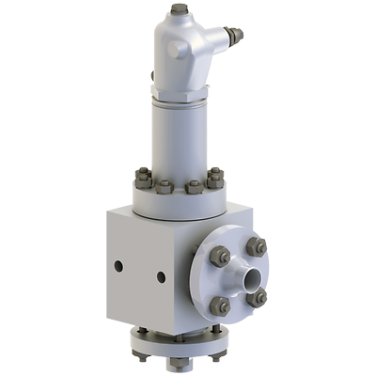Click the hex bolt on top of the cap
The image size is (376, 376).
coord(180,10)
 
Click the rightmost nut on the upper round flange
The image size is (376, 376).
coord(216,176)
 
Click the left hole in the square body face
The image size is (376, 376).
coord(118,266)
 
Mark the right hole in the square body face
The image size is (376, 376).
coord(161,277)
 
